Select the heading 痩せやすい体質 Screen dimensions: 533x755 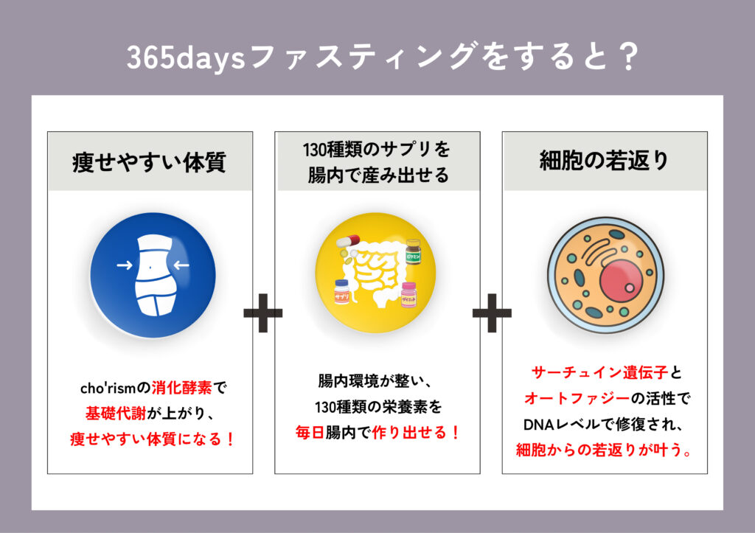(x=149, y=161)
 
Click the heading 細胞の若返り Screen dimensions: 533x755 (x=605, y=161)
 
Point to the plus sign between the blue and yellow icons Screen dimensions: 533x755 (x=263, y=313)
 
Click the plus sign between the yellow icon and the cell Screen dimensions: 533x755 (x=492, y=313)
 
